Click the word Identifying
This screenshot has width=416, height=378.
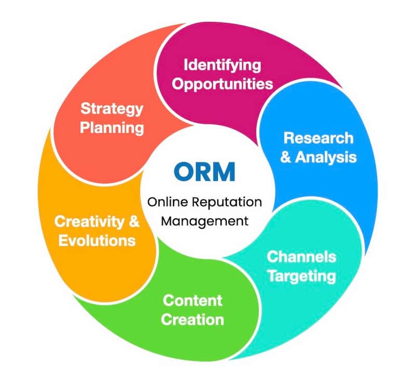click(x=222, y=66)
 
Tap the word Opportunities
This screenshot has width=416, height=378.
click(x=222, y=83)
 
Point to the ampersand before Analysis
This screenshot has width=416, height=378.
click(x=286, y=157)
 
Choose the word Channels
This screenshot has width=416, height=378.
click(x=302, y=257)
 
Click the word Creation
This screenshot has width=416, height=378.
click(x=192, y=319)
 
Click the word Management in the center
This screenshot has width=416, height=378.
click(x=204, y=220)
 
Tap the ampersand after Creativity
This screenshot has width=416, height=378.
click(x=134, y=223)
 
